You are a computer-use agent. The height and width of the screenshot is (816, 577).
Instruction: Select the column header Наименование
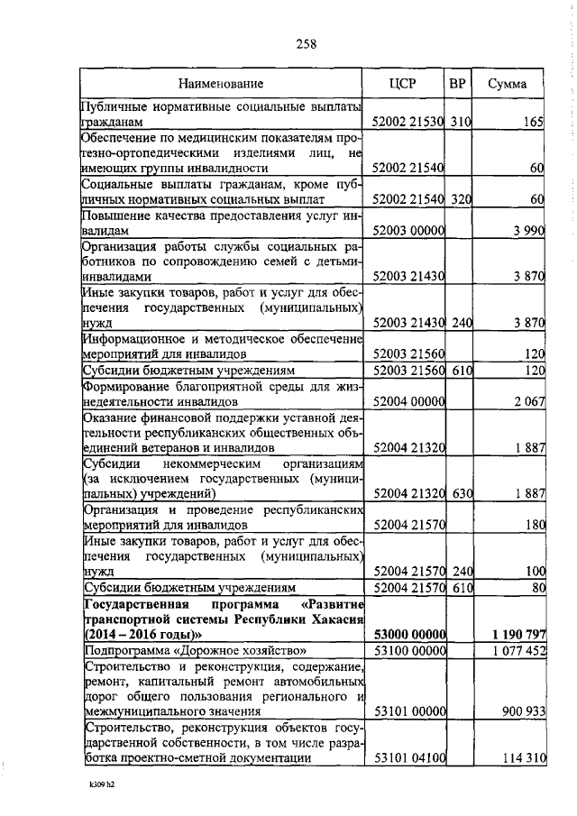[220, 85]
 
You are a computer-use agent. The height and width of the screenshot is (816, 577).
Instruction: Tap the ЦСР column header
[409, 85]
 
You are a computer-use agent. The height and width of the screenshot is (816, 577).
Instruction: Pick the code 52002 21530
[409, 121]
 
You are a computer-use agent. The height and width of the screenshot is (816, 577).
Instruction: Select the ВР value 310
[462, 121]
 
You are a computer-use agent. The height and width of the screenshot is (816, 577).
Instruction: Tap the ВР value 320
[462, 198]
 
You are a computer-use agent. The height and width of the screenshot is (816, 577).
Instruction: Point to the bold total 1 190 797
[515, 635]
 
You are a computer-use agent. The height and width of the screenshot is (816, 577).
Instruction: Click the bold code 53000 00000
[409, 635]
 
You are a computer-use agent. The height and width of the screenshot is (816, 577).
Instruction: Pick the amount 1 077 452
[516, 650]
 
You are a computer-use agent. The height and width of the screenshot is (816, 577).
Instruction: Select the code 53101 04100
[409, 758]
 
